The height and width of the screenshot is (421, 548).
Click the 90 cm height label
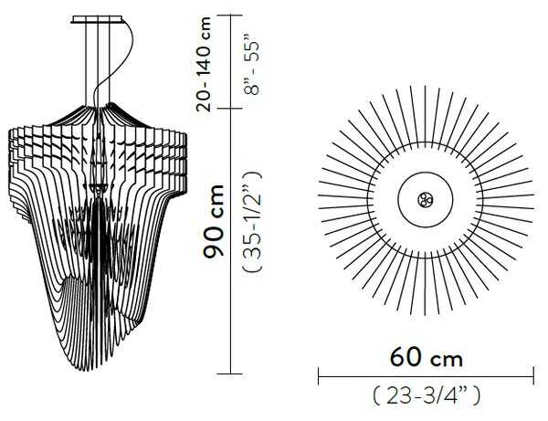213,221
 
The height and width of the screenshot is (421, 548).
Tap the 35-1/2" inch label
252,222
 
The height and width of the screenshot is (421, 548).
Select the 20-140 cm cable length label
204,64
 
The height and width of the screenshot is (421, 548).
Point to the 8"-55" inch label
252,68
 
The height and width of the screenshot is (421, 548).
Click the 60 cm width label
426,357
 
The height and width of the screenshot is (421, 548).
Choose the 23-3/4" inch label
427,395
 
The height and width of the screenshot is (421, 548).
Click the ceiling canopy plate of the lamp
97,19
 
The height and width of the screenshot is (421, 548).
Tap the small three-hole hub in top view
426,200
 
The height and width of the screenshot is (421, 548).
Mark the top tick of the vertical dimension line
229,15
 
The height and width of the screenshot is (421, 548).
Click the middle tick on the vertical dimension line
229,109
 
